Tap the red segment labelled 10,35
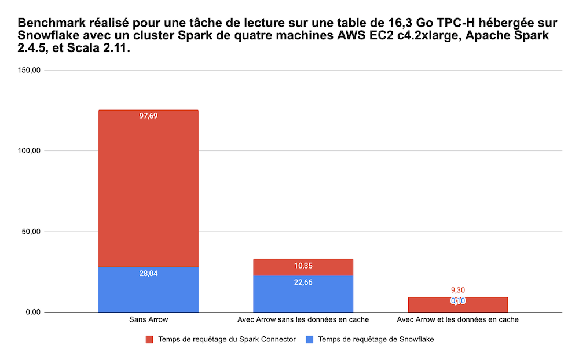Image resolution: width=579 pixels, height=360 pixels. pyautogui.click(x=303, y=267)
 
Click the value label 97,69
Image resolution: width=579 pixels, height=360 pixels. pyautogui.click(x=148, y=116)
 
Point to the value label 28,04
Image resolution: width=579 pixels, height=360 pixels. pyautogui.click(x=148, y=273)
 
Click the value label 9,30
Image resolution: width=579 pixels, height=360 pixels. pyautogui.click(x=458, y=291)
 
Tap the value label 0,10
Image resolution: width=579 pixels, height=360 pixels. pyautogui.click(x=458, y=301)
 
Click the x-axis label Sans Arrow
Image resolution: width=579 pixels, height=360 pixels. pyautogui.click(x=148, y=319)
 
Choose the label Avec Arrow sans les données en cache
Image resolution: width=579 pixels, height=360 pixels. pyautogui.click(x=303, y=319)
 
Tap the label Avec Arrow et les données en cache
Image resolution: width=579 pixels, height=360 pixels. pyautogui.click(x=458, y=319)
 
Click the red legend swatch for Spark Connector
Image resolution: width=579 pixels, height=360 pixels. pyautogui.click(x=149, y=340)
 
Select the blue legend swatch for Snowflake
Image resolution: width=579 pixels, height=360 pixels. pyautogui.click(x=310, y=340)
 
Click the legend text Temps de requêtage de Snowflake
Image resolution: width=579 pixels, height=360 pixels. pyautogui.click(x=376, y=340)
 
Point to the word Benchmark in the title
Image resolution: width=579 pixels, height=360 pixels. pyautogui.click(x=49, y=24)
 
